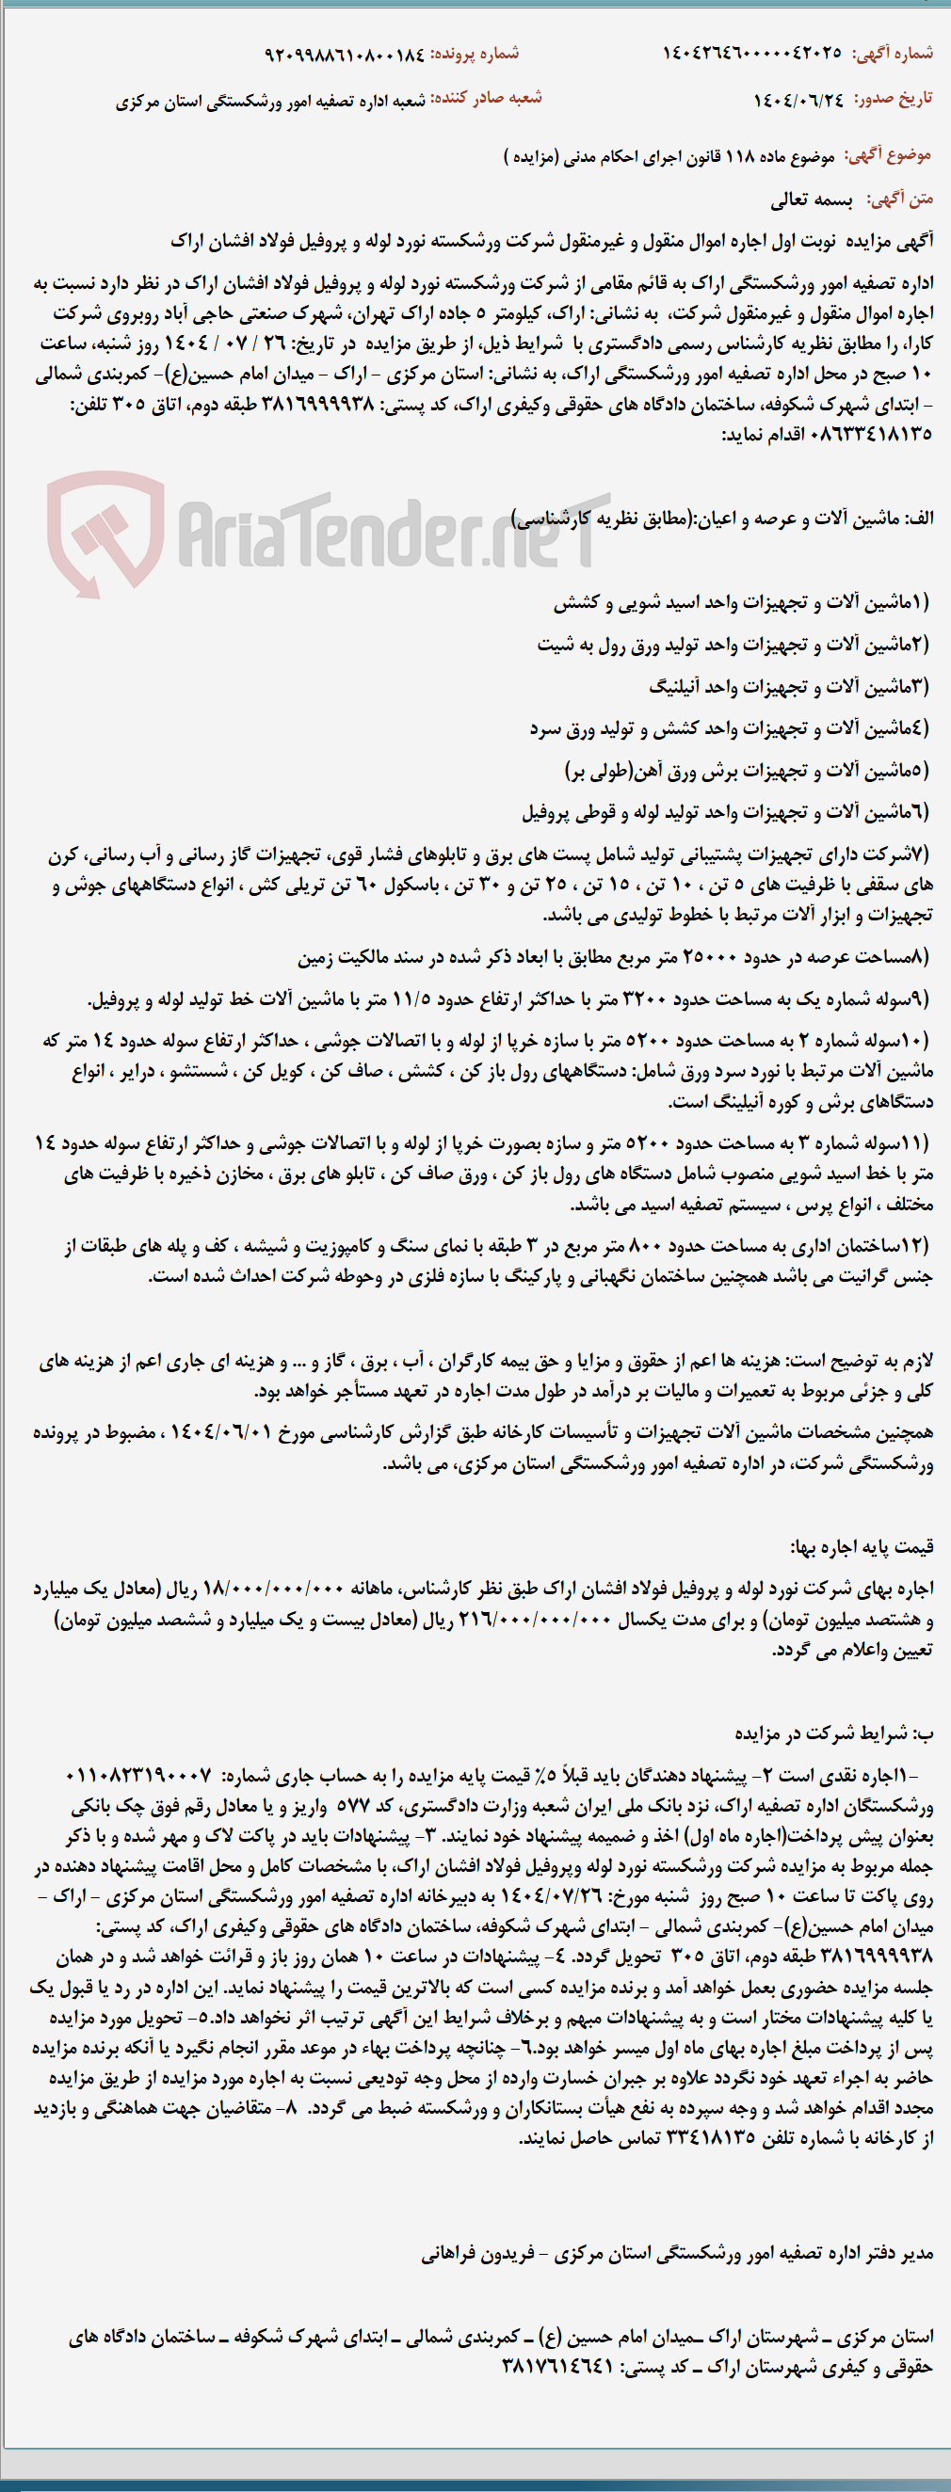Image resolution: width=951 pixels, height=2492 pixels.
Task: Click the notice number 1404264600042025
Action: tap(751, 54)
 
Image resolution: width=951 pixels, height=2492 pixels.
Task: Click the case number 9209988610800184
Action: tap(345, 55)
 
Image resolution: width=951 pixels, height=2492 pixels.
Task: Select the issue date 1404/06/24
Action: tap(798, 99)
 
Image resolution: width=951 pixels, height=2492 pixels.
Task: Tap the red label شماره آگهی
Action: tap(893, 54)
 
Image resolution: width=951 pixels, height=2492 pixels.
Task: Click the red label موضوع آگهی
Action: tap(888, 154)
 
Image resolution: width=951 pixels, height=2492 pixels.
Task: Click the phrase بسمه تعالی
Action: tap(811, 200)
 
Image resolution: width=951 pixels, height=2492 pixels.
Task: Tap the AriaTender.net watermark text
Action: tap(387, 532)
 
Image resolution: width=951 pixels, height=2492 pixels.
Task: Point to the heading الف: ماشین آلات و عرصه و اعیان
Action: tap(721, 519)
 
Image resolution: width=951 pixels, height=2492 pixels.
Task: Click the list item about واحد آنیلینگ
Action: tap(788, 687)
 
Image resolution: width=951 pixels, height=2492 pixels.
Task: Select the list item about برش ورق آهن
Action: tap(747, 771)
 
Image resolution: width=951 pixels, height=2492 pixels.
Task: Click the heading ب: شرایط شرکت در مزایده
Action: tap(834, 1733)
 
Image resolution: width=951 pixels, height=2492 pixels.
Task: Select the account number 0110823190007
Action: tap(138, 1776)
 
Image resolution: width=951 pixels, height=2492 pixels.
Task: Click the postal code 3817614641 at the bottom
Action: tap(558, 2367)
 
